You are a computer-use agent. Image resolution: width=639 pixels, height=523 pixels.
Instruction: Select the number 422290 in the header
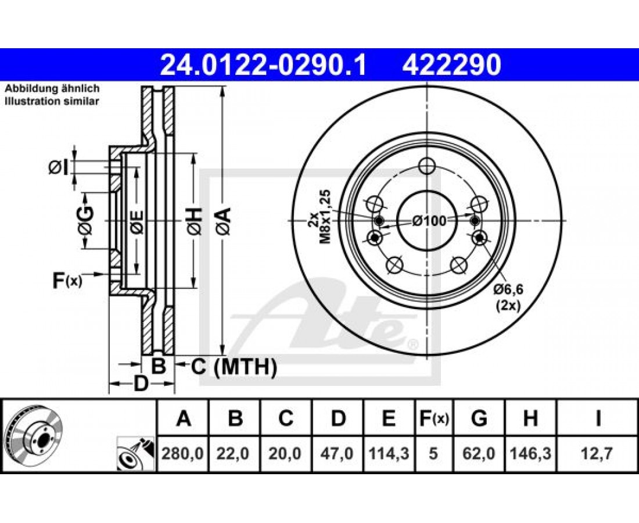pyautogui.click(x=451, y=65)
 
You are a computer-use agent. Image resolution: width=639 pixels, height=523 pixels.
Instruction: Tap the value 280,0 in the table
pyautogui.click(x=182, y=453)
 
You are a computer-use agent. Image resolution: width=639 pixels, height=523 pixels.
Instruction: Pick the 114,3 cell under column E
pyautogui.click(x=389, y=453)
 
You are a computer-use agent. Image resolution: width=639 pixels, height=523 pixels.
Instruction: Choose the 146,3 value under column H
pyautogui.click(x=530, y=453)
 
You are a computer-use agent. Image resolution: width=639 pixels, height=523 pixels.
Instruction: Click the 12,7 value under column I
pyautogui.click(x=598, y=453)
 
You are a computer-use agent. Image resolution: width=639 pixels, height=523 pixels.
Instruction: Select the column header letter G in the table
pyautogui.click(x=479, y=418)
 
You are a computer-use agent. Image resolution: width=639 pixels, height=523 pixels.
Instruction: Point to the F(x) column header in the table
pyautogui.click(x=433, y=418)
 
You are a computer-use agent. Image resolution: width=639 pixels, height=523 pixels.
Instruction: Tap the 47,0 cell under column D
pyautogui.click(x=338, y=453)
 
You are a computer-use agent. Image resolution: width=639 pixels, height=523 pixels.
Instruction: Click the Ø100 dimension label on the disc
pyautogui.click(x=429, y=221)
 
